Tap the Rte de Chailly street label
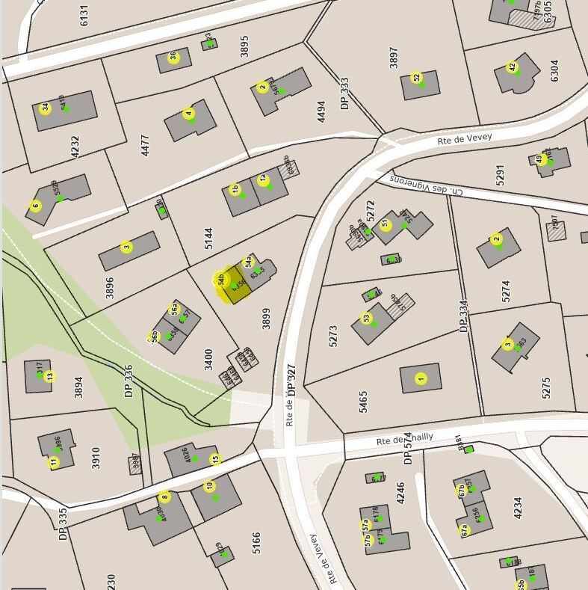404,439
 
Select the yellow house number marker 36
173,56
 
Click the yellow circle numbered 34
46,108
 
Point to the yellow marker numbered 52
416,77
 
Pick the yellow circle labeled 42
512,67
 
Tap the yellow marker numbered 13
49,376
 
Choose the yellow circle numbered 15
216,459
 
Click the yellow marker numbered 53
366,318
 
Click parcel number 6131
84,15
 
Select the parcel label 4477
146,145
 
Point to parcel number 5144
208,238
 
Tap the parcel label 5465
363,402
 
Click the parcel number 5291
501,174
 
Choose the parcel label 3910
96,458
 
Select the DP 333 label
344,93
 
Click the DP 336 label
128,381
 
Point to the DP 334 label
463,316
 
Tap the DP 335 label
64,523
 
